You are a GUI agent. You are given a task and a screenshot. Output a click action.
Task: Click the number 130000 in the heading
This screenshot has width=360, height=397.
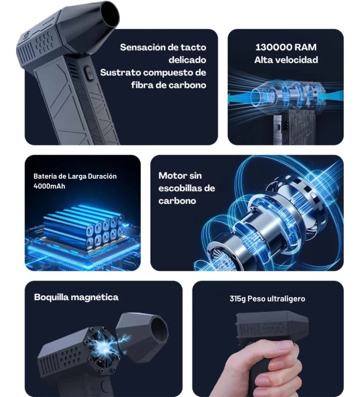pos(273,47)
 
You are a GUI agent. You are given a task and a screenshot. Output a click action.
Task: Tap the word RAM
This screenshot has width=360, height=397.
pos(305,47)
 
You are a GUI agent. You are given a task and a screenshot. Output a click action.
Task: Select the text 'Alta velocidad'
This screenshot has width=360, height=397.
pos(286,60)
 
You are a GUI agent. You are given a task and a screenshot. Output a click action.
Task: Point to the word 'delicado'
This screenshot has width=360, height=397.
pos(187,60)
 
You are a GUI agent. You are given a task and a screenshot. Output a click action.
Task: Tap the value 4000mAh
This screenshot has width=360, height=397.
pos(49,186)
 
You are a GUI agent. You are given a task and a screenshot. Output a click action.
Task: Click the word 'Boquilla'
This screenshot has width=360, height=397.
pos(52,297)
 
